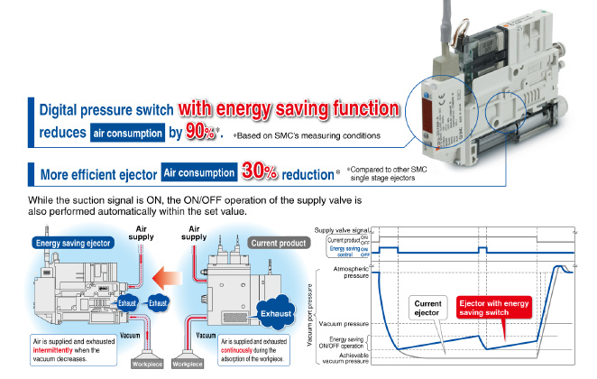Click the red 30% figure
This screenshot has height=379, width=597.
[261, 170]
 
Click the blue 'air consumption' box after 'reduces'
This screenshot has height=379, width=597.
[128, 134]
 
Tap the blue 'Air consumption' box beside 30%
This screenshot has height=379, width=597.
[198, 171]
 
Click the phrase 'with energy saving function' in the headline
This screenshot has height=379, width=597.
[287, 107]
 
